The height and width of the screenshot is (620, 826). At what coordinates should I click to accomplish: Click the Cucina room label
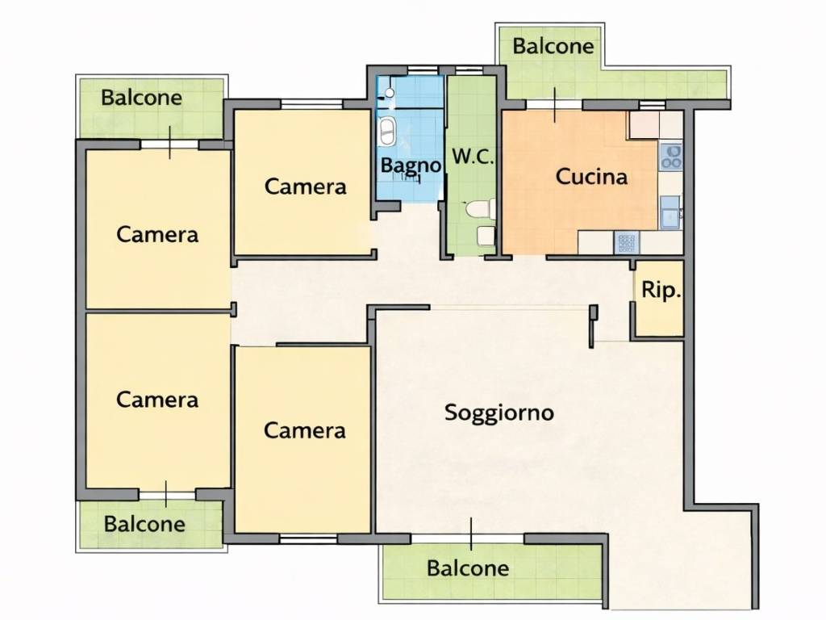point(591,177)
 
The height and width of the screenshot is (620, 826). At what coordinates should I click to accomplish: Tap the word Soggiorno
point(499,413)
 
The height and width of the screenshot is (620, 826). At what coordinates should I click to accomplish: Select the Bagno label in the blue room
point(411,165)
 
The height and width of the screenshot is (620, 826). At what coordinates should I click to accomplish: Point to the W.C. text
point(473,157)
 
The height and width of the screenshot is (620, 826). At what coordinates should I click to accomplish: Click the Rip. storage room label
point(661,290)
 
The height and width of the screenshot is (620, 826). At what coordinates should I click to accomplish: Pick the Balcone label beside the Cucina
point(553,46)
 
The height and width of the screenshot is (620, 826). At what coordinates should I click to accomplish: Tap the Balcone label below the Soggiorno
point(468,568)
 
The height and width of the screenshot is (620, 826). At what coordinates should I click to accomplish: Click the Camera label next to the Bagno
point(305,186)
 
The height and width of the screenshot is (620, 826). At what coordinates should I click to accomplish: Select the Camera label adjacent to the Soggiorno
point(304,431)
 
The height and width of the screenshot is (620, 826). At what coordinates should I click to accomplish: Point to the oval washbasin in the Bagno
point(387,132)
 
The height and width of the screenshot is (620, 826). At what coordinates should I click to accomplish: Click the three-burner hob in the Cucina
point(671,157)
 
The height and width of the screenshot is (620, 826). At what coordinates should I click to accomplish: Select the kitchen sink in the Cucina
point(670,212)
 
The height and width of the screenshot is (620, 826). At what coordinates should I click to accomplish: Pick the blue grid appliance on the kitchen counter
point(626,243)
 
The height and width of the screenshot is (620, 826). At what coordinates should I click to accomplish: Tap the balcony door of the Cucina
point(554,104)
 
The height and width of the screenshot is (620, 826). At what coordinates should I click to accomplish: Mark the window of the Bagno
point(423,70)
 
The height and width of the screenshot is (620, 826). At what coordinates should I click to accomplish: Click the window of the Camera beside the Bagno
point(312,104)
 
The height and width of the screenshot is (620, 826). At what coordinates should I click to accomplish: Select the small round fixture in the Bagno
point(390,93)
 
